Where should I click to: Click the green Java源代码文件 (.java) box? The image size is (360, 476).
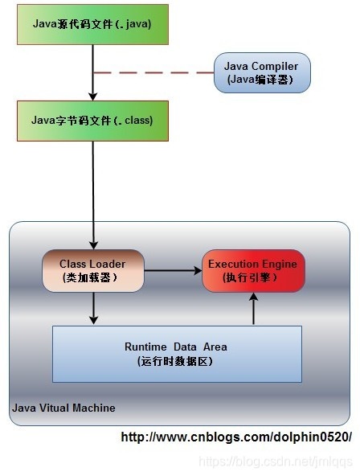pyautogui.click(x=93, y=23)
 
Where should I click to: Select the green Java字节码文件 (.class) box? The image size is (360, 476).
pyautogui.click(x=93, y=121)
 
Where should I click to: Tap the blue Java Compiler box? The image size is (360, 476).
pyautogui.click(x=262, y=72)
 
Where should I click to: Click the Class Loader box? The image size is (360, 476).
pyautogui.click(x=93, y=270)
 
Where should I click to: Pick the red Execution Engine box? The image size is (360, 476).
pyautogui.click(x=253, y=270)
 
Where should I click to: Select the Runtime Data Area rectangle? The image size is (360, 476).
pyautogui.click(x=177, y=354)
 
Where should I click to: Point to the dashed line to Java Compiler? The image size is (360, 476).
pyautogui.click(x=153, y=72)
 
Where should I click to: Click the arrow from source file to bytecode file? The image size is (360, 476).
pyautogui.click(x=93, y=72)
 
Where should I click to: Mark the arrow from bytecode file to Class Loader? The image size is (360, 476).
pyautogui.click(x=93, y=193)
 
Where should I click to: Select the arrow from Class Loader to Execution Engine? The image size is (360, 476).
pyautogui.click(x=173, y=271)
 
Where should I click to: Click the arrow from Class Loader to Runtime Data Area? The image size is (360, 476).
pyautogui.click(x=93, y=308)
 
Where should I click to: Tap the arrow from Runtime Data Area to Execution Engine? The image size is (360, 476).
pyautogui.click(x=253, y=309)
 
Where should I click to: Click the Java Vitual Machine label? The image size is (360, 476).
pyautogui.click(x=63, y=408)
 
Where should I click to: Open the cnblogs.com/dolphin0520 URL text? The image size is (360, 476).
pyautogui.click(x=236, y=437)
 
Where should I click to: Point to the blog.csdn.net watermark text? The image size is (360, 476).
pyautogui.click(x=275, y=462)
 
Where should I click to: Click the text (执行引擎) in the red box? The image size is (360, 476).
pyautogui.click(x=253, y=277)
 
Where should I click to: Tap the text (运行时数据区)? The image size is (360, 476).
pyautogui.click(x=176, y=361)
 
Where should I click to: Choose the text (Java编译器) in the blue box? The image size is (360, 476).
pyautogui.click(x=262, y=79)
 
